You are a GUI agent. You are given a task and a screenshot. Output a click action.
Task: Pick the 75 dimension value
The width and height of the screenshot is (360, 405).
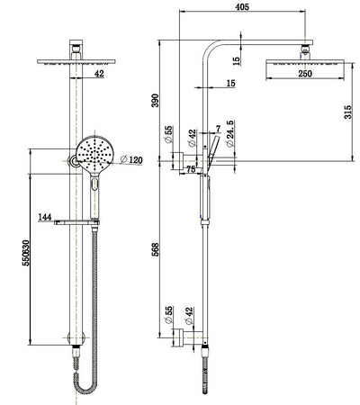tap(191, 167)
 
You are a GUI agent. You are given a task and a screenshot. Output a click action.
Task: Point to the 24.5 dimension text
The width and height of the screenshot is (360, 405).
tap(230, 136)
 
